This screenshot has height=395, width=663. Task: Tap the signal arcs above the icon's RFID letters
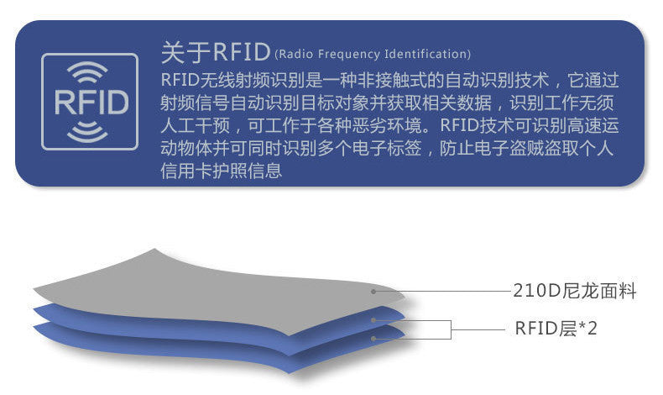pos(91,71)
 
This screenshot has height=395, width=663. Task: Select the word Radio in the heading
pos(295,55)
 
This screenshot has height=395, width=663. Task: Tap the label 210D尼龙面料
pos(575,292)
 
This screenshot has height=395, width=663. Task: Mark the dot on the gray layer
pos(373,291)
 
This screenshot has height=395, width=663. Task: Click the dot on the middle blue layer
pos(373,320)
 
